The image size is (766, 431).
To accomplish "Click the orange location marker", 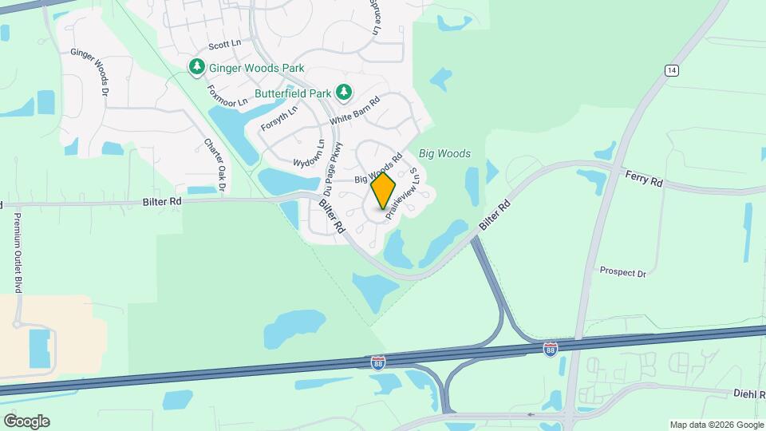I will (x=384, y=191).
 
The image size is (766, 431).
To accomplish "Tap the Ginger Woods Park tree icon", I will (x=197, y=66).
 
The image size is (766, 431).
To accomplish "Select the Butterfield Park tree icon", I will (x=344, y=93).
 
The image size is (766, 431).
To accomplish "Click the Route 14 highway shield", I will (x=672, y=71).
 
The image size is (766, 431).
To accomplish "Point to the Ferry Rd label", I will (x=644, y=180).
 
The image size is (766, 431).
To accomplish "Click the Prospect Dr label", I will (x=622, y=272).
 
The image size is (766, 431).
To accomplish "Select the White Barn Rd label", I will (x=355, y=110).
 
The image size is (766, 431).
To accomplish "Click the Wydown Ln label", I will (x=310, y=153).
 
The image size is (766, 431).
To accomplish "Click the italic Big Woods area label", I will (x=444, y=153).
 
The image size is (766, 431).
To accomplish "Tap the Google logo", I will (x=26, y=421).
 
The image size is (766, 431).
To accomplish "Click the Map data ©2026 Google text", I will (x=717, y=425).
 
